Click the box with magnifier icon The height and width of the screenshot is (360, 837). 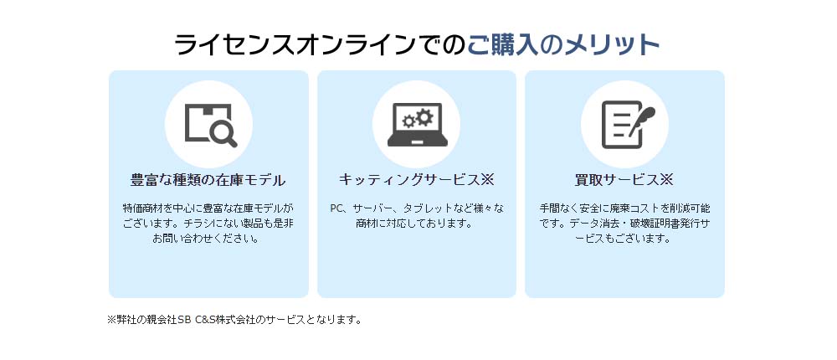point(210,125)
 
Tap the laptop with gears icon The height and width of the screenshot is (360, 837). point(417,125)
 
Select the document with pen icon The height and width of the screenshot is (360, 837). point(627,125)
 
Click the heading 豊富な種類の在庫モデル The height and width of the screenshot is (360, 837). point(208,181)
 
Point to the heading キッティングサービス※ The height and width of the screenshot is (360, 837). point(416,180)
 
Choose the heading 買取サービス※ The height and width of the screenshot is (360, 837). point(624,180)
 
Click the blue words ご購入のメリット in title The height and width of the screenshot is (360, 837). point(563,45)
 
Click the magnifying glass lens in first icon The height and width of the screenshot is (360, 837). point(220,129)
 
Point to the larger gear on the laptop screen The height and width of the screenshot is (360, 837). point(424,117)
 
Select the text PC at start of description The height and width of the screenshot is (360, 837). point(336,208)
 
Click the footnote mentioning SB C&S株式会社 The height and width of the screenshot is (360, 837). point(235,321)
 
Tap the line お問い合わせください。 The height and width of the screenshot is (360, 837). point(206,239)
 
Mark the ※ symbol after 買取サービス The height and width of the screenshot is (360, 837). point(667,180)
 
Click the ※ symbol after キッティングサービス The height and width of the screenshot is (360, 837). point(487,180)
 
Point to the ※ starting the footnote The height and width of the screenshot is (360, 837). point(112,321)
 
